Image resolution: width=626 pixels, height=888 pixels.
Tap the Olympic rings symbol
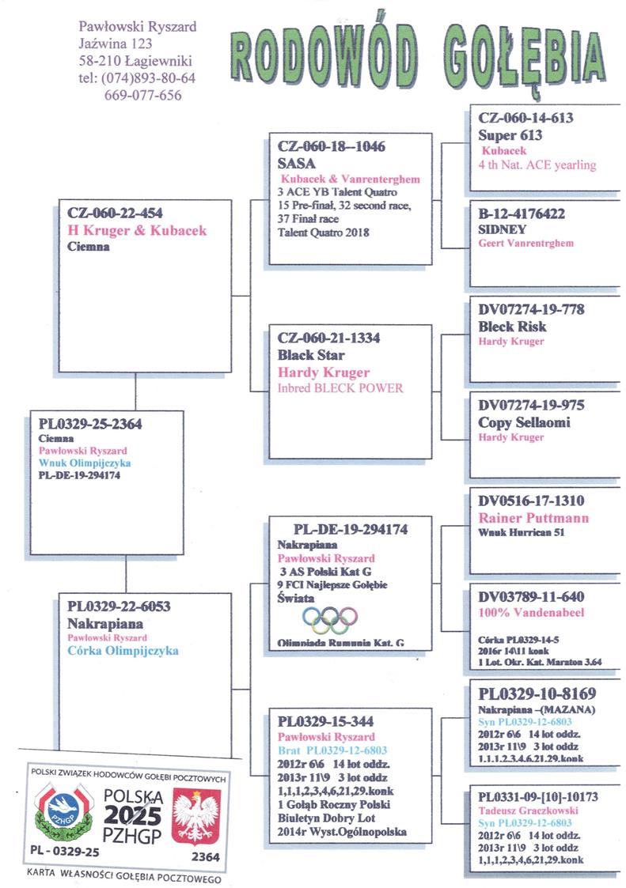tap(325, 620)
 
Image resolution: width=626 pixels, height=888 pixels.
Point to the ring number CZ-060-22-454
tap(116, 213)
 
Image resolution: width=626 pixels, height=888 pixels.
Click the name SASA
tap(297, 164)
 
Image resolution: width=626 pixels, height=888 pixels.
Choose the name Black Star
tap(311, 355)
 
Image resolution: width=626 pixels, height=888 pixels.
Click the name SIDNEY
tap(504, 229)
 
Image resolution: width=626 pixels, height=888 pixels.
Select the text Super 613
tap(510, 135)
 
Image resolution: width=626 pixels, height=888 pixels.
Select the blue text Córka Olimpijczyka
tap(123, 651)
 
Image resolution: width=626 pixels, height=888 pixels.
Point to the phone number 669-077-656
tap(142, 95)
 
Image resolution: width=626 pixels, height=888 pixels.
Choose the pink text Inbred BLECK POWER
tap(341, 388)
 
